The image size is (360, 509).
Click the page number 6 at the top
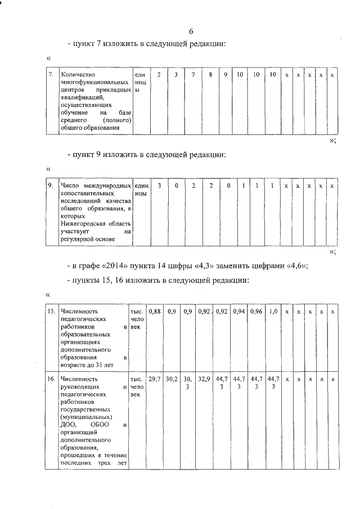coord(191,31)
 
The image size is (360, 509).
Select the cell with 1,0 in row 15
coord(273,311)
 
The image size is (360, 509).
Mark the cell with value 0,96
coord(256,311)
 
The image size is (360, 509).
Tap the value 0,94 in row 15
coord(239,311)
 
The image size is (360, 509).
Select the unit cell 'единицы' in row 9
coord(142,189)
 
